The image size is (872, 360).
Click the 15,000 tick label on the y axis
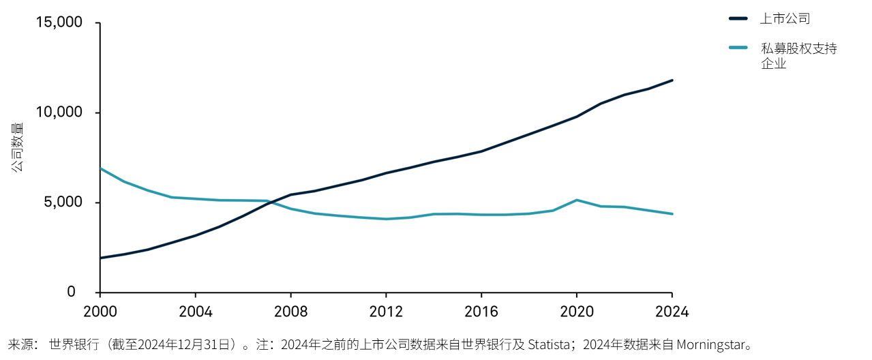(x=59, y=22)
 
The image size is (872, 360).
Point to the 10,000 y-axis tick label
(x=59, y=112)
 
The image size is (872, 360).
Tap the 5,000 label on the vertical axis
(x=63, y=202)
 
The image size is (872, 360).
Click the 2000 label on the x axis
(x=100, y=312)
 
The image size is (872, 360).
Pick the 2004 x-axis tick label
(x=195, y=312)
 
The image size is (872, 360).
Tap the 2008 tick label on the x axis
(x=290, y=312)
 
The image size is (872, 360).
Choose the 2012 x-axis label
(x=386, y=312)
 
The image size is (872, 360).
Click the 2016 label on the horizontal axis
(x=481, y=312)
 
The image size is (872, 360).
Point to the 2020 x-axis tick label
(x=576, y=312)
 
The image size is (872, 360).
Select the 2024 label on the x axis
(x=672, y=312)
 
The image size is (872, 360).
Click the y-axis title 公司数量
(x=17, y=147)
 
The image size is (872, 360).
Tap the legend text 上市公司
(x=785, y=18)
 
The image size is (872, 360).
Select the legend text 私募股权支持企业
(x=798, y=56)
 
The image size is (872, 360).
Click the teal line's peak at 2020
(x=577, y=200)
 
